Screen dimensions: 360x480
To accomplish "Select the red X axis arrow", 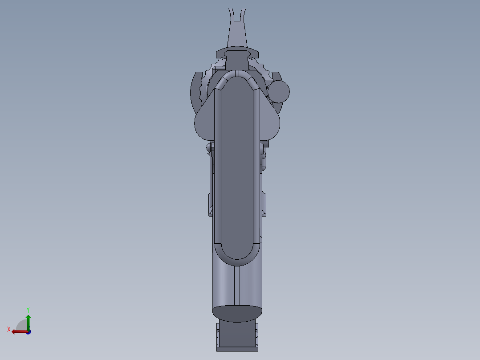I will (19, 331).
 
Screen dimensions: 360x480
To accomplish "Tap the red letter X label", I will (9, 330).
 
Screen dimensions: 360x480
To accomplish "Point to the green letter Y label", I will (28, 309).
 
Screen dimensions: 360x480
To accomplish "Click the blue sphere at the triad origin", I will (28, 332).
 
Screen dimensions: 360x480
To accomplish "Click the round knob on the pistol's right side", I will (278, 91).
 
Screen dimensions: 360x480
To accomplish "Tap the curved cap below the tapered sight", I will (236, 53).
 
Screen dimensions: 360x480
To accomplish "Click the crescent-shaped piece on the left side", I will (194, 89).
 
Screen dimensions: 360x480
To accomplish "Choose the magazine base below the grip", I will (236, 336).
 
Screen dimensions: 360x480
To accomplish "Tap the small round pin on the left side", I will (209, 147).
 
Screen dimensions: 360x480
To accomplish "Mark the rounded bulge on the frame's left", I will (203, 125).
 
